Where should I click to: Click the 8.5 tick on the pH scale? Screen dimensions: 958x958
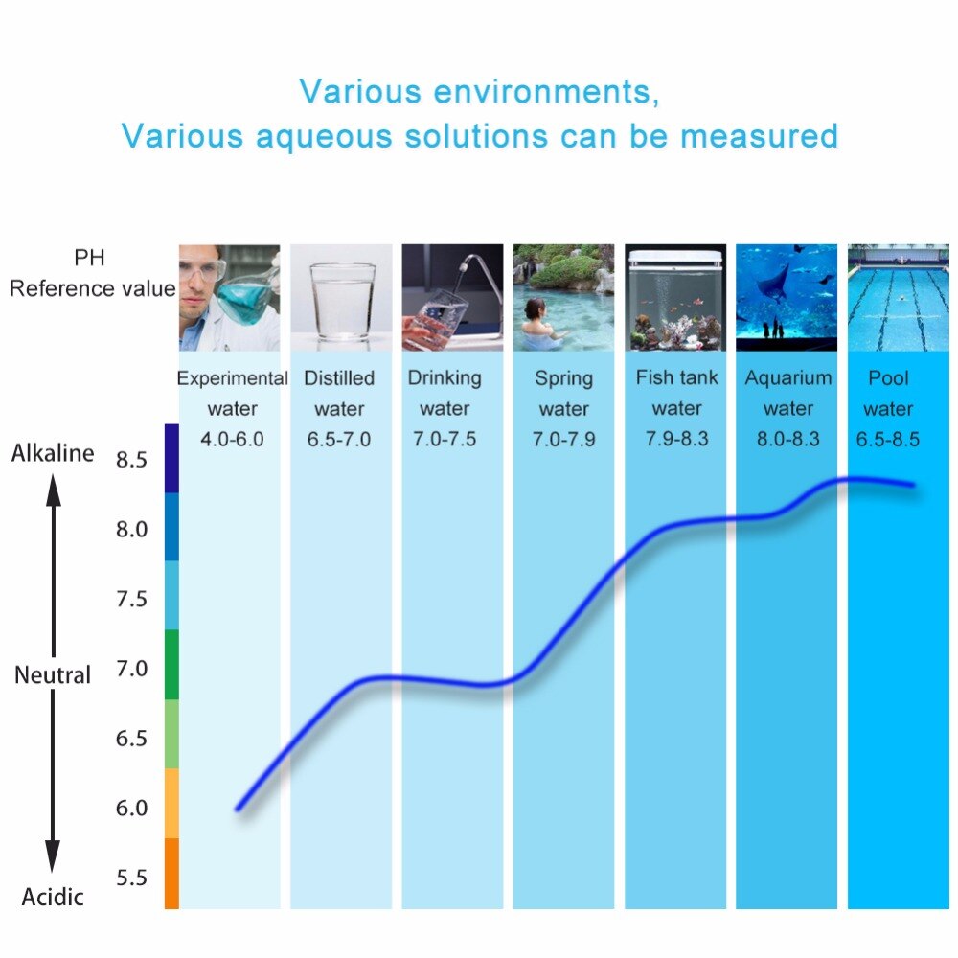[x=131, y=460]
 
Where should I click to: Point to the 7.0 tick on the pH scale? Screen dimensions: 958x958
[x=131, y=669]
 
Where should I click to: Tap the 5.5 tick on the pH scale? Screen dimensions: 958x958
[x=131, y=878]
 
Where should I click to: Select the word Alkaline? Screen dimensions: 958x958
[x=53, y=453]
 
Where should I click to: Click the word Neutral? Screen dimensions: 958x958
[x=53, y=675]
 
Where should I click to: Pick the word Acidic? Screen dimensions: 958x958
[x=53, y=897]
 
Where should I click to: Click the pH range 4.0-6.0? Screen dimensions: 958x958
[x=232, y=439]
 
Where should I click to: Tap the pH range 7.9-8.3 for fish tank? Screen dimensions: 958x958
[x=677, y=439]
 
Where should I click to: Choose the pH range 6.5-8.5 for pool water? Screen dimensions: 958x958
[x=888, y=439]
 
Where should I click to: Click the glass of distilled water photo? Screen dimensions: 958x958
[x=342, y=298]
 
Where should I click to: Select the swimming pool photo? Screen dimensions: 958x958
[x=899, y=298]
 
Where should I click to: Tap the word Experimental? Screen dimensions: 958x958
[x=232, y=378]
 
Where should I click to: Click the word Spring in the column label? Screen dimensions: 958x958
[x=564, y=378]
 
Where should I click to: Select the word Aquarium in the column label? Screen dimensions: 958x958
[x=788, y=378]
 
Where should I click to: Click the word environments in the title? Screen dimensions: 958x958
[x=546, y=92]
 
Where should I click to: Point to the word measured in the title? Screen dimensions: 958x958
[x=759, y=136]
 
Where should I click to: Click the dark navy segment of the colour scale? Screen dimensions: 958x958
[x=171, y=458]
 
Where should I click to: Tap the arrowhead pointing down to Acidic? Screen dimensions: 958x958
[x=53, y=855]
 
